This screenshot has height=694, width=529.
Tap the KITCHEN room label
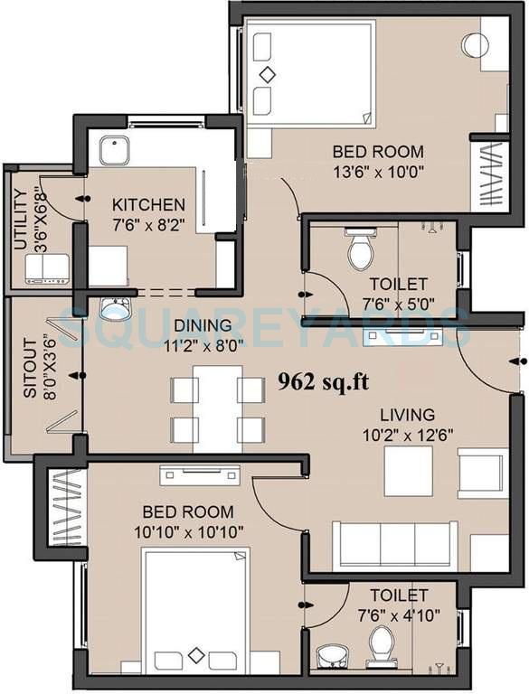148,205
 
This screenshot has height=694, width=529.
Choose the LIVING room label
406,415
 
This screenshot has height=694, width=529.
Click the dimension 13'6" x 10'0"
378,170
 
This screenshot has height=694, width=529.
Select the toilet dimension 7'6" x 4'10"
398,614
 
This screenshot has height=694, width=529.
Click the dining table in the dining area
217,409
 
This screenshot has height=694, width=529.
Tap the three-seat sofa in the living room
394,545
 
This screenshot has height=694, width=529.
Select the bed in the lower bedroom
195,612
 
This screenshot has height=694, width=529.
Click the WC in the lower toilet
382,644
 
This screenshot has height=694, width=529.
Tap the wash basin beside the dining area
116,310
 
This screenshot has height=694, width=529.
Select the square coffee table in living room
408,472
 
